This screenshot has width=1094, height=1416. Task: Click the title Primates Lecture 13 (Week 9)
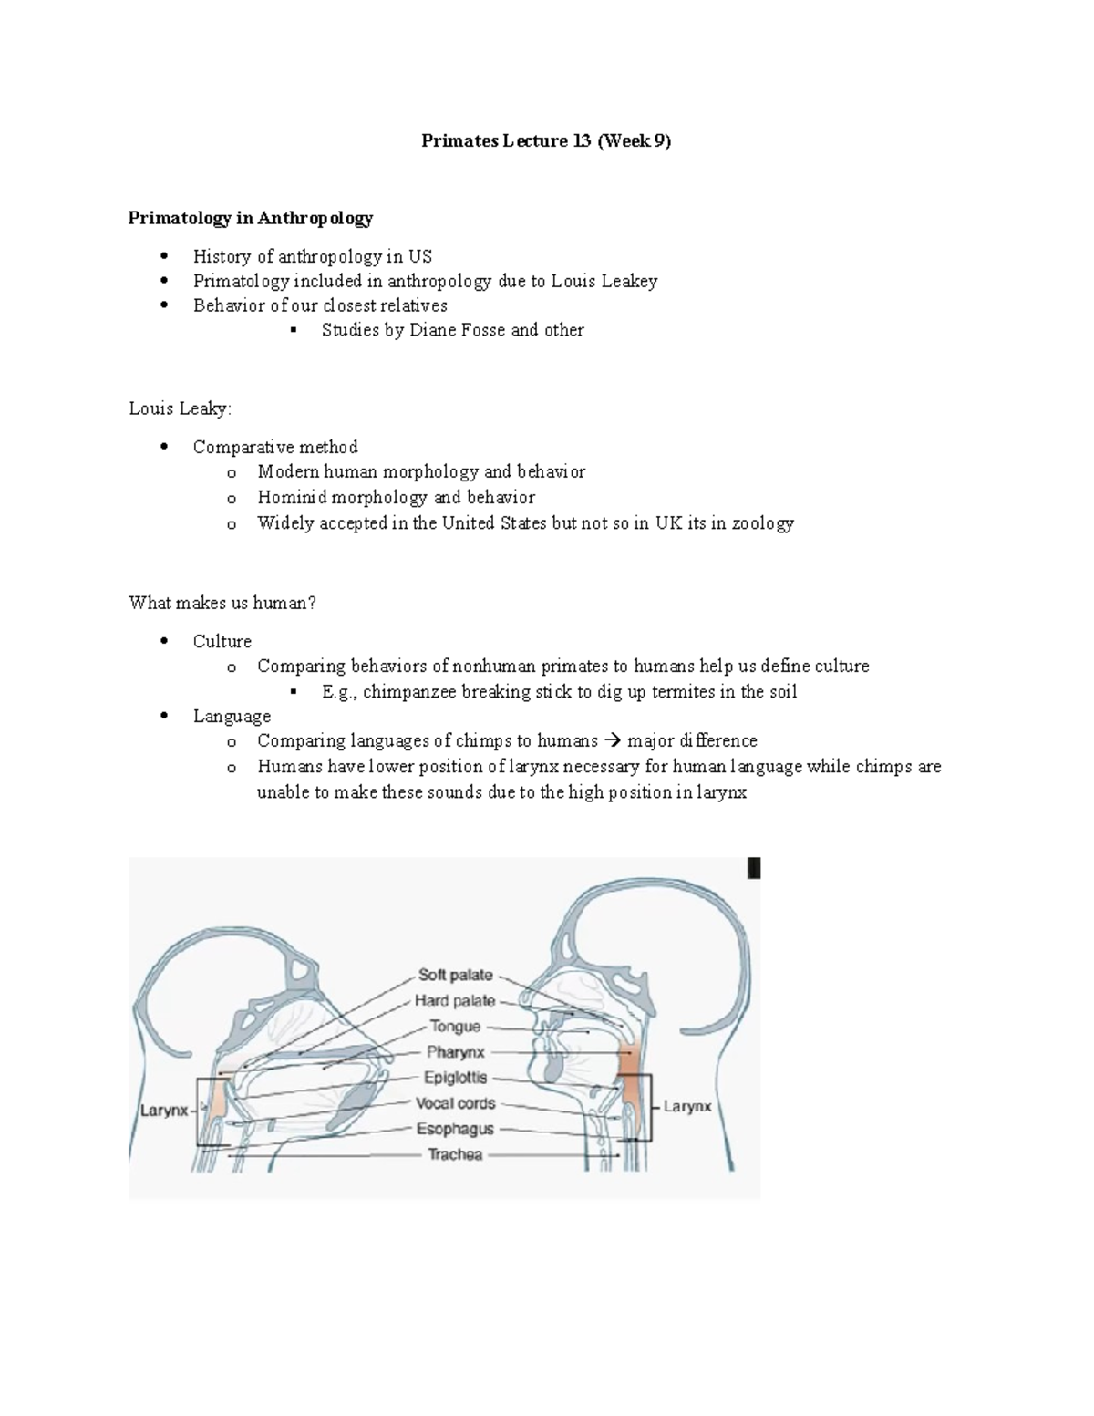545,141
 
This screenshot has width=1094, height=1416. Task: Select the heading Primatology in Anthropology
251,218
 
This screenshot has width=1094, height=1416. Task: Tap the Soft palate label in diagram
455,975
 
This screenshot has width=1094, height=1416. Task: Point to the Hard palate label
454,1000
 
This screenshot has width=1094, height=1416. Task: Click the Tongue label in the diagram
455,1027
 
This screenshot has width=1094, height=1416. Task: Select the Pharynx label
456,1052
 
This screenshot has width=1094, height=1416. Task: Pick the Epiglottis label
455,1078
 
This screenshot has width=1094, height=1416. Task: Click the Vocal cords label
455,1103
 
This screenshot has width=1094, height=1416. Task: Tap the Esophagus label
455,1129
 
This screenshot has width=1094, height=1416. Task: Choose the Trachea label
455,1154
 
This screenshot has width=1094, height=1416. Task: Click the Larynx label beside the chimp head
163,1111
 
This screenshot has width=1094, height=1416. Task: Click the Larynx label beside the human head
686,1106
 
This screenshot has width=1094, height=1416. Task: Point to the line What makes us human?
222,603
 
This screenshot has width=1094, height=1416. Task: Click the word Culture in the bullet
222,641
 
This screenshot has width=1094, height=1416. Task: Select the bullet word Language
232,717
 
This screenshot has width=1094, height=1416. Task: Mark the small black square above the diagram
754,868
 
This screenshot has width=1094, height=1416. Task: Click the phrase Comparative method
274,447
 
